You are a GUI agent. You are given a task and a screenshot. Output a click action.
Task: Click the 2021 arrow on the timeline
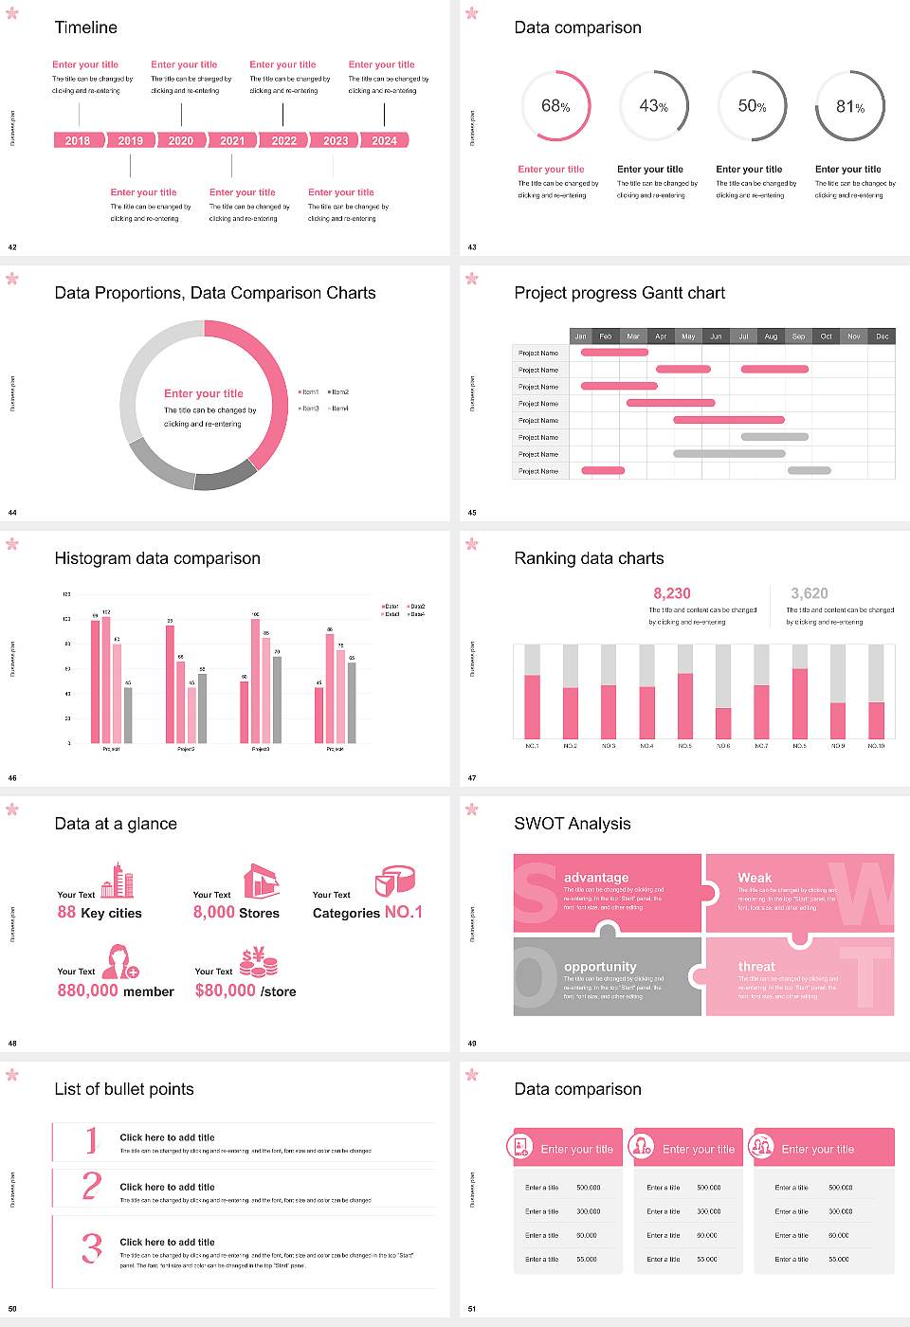click(232, 140)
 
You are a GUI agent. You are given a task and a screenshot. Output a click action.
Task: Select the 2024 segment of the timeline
click(384, 140)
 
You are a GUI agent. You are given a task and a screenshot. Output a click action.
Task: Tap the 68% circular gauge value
click(555, 106)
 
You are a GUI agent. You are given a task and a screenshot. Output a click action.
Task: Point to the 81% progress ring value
click(850, 107)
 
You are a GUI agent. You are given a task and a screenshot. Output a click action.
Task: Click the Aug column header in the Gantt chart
click(771, 336)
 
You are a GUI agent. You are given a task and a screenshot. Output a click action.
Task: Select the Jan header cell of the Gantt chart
click(580, 336)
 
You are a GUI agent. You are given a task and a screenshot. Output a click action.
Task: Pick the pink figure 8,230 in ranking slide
click(672, 593)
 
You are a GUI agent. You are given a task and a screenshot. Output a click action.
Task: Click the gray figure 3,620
click(810, 593)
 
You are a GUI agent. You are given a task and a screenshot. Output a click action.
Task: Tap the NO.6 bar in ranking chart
click(723, 722)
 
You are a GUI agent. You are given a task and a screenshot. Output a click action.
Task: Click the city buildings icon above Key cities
click(118, 881)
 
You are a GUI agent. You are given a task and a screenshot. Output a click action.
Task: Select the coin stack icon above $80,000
click(258, 962)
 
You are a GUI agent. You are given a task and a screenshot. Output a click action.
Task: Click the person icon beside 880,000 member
click(120, 961)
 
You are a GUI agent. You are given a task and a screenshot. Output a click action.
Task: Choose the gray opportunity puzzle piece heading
click(600, 966)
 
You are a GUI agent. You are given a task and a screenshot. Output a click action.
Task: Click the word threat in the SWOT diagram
click(756, 966)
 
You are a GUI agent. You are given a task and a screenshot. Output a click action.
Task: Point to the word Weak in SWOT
click(755, 878)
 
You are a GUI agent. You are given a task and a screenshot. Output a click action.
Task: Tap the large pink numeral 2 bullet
click(91, 1186)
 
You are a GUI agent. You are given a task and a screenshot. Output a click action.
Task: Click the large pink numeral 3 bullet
click(91, 1247)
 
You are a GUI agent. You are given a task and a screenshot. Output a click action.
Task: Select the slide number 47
click(472, 778)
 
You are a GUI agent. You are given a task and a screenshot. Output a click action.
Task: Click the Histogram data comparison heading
click(157, 558)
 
